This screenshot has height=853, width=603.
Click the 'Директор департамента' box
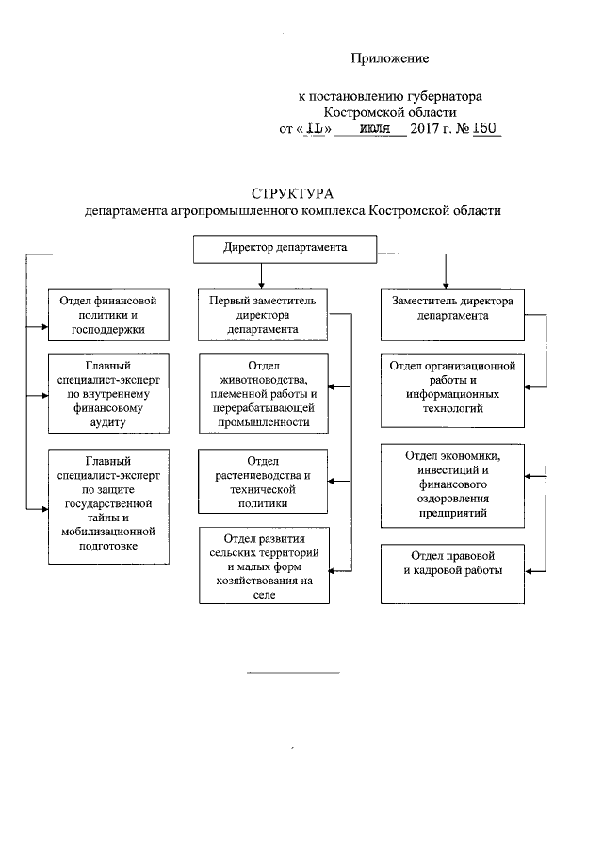pos(285,248)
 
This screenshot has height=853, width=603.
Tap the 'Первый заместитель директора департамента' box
pos(263,315)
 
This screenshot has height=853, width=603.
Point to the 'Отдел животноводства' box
pos(263,394)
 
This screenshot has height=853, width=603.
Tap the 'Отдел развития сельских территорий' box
pos(263,565)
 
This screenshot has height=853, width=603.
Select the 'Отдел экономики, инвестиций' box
pos(451,484)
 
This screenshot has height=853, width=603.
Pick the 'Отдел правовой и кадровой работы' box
pos(451,572)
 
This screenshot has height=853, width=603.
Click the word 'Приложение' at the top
pos(390,58)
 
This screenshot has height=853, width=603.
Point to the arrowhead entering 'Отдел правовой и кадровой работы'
pos(528,570)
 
